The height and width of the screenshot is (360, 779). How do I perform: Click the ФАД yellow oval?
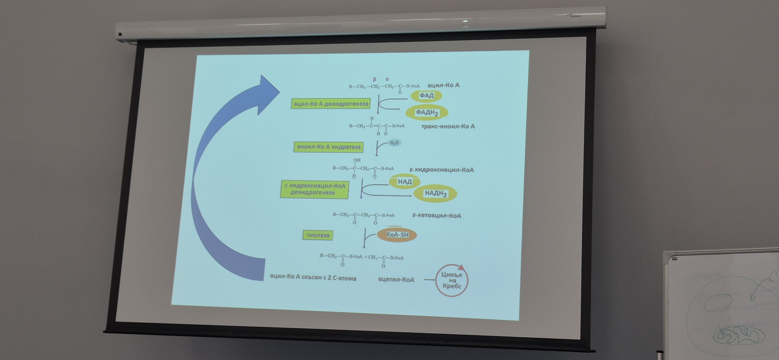[x=426, y=96]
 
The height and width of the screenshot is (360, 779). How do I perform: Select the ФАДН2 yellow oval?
[x=427, y=113]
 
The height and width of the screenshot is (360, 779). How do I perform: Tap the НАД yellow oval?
[x=405, y=182]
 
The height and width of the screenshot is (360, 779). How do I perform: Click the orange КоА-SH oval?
[x=397, y=235]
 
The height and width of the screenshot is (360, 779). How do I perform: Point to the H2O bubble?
[x=394, y=143]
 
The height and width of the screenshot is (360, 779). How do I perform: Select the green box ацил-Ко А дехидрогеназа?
[x=330, y=104]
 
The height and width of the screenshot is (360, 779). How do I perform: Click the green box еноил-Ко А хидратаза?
[x=329, y=147]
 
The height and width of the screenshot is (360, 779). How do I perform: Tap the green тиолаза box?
[x=318, y=235]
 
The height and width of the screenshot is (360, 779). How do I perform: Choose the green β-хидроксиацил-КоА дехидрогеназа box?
[x=315, y=189]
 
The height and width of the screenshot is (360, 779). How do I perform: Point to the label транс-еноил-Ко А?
[x=448, y=126]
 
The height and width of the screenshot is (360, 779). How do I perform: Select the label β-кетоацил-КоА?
[x=437, y=216]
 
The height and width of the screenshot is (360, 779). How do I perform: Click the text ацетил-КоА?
[x=396, y=280]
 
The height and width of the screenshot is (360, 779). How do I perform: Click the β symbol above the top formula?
[x=375, y=79]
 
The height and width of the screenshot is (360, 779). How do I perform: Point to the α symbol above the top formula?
[x=387, y=79]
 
